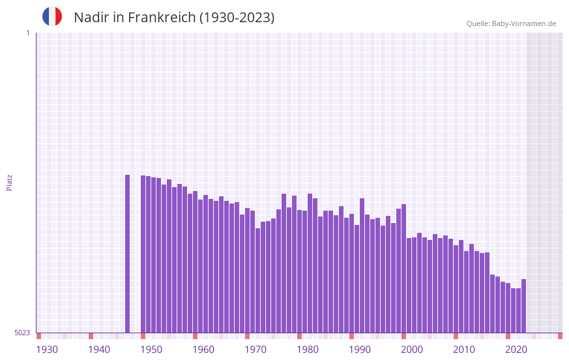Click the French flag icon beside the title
52,16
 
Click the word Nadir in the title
91,18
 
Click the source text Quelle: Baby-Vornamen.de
511,23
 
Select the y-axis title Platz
9,182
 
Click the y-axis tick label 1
27,33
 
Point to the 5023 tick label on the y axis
22,333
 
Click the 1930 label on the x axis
47,350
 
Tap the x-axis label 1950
151,350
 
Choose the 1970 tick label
255,350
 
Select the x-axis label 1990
360,350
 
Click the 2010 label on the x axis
464,350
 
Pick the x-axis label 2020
516,350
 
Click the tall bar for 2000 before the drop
404,267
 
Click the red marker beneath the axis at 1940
91,336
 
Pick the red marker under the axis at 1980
299,336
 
